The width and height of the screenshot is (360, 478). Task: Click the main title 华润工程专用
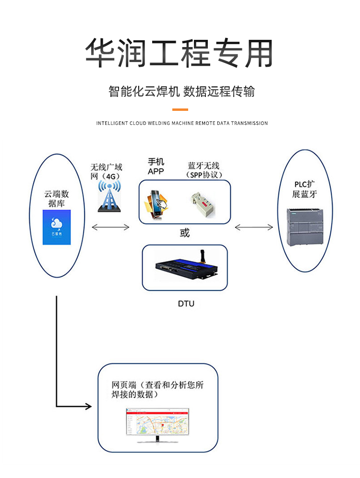180,52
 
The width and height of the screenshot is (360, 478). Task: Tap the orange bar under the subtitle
180,110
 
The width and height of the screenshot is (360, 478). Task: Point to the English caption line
182,123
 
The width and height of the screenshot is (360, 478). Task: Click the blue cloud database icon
57,227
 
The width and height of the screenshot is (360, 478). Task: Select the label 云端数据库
57,199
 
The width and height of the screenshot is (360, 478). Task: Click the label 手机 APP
156,167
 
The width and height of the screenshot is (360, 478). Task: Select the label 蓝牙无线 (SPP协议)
202,170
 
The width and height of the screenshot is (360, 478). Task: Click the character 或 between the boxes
185,233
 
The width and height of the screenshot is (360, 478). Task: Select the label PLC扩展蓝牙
305,190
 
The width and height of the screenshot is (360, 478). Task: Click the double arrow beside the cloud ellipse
111,227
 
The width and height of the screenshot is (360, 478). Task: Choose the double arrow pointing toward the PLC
254,227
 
